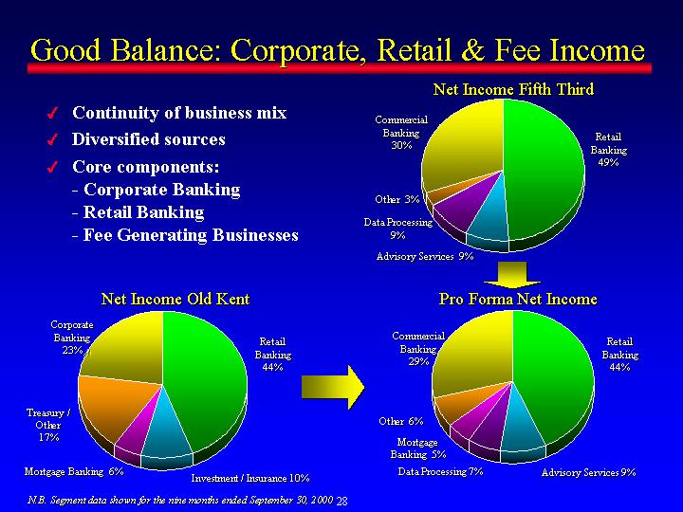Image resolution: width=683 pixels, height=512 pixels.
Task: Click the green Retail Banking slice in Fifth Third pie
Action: (545, 170)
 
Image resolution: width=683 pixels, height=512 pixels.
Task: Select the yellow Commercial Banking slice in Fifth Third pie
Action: (464, 144)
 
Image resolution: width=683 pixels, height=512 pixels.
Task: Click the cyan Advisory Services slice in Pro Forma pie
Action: (522, 425)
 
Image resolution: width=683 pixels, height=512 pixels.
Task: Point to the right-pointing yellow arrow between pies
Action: (333, 387)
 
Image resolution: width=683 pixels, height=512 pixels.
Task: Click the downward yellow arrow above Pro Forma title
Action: (512, 274)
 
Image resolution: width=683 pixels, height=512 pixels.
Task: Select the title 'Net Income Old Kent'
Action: (175, 299)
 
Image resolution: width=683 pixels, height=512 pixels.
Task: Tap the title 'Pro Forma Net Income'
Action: (518, 299)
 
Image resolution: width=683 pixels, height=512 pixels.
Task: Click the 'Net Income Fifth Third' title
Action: (513, 89)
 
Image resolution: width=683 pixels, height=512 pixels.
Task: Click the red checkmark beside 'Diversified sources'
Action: (52, 139)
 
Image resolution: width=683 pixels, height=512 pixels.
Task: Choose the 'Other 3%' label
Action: (397, 199)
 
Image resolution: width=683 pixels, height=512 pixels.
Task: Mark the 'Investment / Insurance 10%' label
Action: (250, 478)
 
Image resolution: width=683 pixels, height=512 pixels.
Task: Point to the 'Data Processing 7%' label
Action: (440, 471)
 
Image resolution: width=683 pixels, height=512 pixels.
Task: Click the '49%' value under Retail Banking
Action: (608, 162)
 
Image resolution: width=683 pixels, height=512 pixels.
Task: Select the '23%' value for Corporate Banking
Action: (72, 350)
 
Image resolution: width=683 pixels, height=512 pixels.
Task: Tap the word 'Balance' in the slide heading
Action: (166, 49)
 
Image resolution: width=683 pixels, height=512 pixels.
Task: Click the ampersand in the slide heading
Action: (472, 49)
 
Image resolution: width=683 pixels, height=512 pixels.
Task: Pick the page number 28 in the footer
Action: (341, 502)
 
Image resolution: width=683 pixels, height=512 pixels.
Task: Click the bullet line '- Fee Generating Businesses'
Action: (185, 235)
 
